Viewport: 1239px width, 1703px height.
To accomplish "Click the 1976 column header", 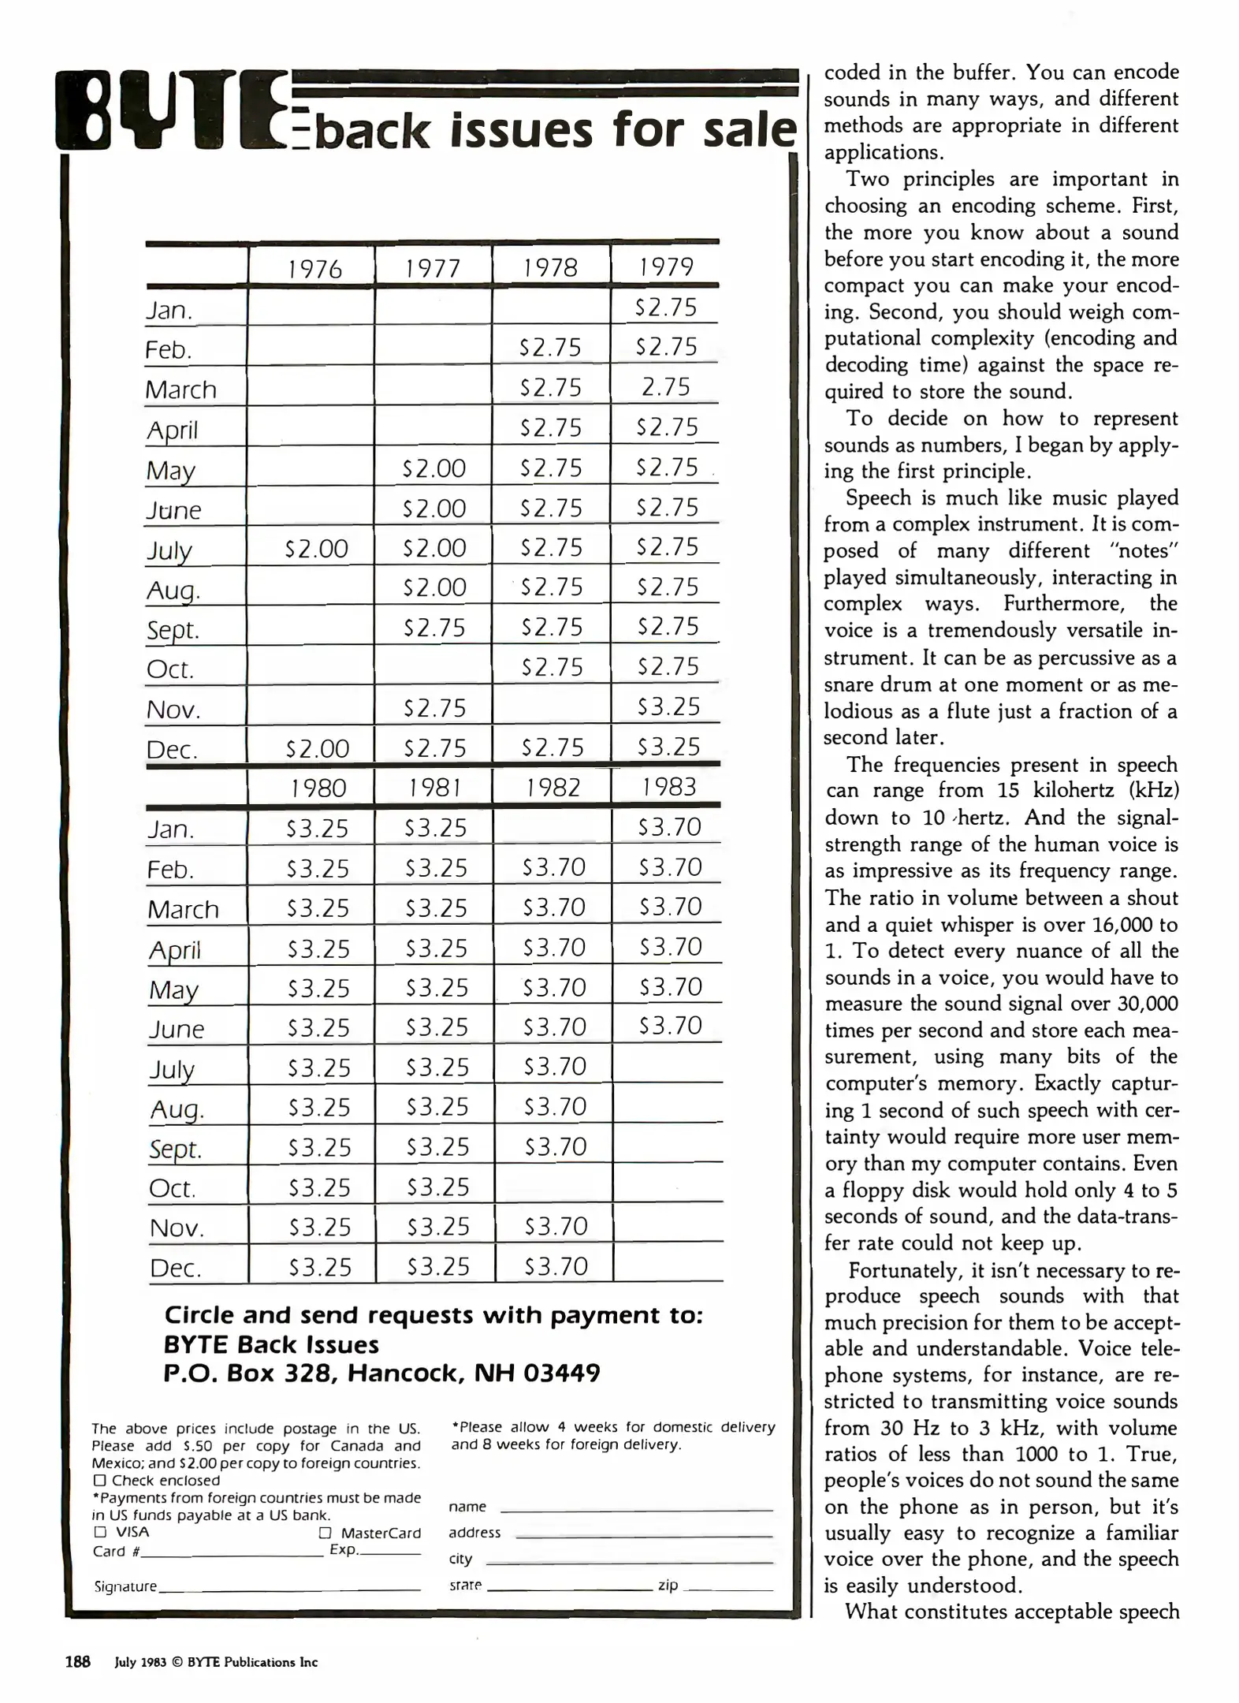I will click(x=314, y=269).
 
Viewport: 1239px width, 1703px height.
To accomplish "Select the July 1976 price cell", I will click(x=316, y=548).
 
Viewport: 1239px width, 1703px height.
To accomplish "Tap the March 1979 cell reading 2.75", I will click(x=666, y=387).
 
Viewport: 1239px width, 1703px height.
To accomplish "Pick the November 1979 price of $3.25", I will click(x=668, y=706).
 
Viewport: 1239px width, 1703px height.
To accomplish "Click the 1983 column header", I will click(x=668, y=787).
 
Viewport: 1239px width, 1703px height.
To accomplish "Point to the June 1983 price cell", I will click(x=670, y=1026).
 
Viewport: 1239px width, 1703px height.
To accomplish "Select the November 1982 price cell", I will click(x=555, y=1226).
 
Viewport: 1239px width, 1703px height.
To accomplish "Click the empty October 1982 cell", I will click(x=553, y=1185).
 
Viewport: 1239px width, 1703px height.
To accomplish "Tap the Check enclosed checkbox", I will click(x=99, y=1481).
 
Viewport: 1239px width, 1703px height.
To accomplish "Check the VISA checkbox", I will click(x=100, y=1532).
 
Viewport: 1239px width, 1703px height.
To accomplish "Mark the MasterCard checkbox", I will click(x=325, y=1533).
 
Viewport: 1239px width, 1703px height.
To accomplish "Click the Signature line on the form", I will click(x=289, y=1588).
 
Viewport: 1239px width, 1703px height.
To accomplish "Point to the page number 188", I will click(x=77, y=1661).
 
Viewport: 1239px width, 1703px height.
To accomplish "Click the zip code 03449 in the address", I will click(x=561, y=1373).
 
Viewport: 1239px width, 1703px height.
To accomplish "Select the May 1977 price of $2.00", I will click(x=433, y=468).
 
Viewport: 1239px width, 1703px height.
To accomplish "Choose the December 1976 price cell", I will click(x=317, y=747).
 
